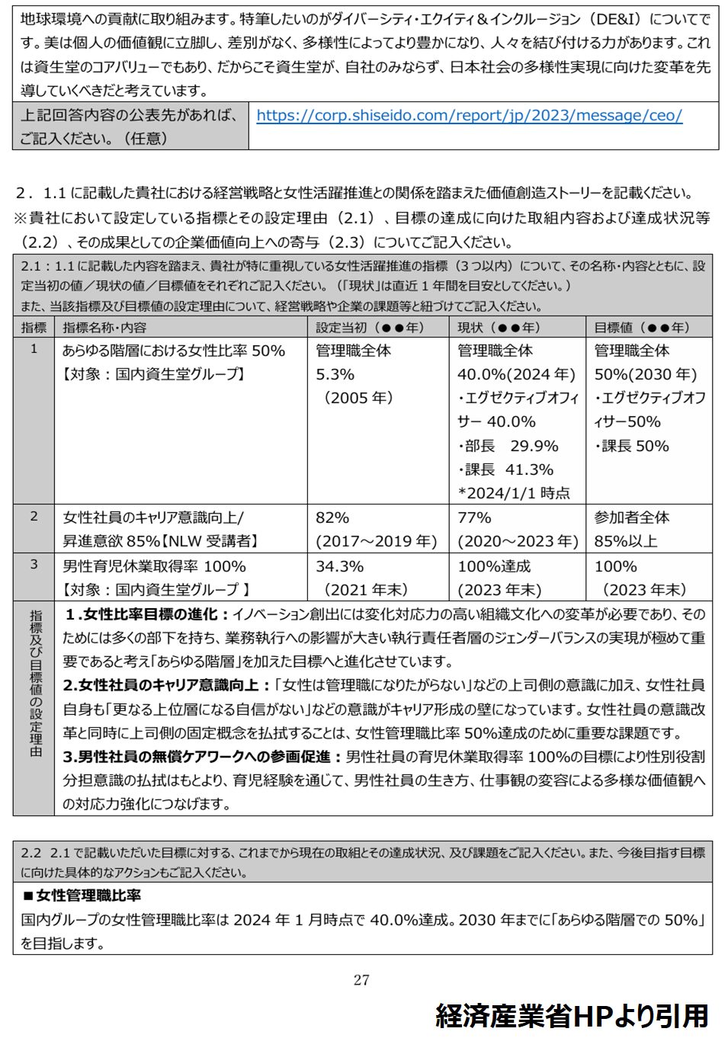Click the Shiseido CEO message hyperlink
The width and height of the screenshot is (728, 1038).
(x=469, y=116)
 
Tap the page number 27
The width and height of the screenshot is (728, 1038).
(x=361, y=980)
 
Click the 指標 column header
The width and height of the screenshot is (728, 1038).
(x=34, y=328)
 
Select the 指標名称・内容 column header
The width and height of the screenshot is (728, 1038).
(x=104, y=328)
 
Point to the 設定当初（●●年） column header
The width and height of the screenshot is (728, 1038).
(x=370, y=328)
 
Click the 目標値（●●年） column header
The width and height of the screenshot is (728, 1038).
(x=642, y=328)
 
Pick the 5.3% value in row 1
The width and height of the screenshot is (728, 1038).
(x=335, y=374)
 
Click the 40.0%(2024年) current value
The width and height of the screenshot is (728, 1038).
(x=516, y=374)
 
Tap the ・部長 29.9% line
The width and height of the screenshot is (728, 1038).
(x=508, y=446)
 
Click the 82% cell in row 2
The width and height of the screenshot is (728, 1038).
(x=332, y=517)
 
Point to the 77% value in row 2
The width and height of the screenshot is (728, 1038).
(x=474, y=517)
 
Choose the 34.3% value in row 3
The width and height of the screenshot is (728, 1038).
(x=340, y=566)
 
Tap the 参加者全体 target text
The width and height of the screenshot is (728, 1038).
(x=632, y=517)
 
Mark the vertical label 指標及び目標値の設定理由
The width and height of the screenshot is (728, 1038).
(x=35, y=684)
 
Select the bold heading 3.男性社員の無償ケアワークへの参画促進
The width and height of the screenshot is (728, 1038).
(x=203, y=757)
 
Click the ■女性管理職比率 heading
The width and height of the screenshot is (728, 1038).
(x=82, y=895)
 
